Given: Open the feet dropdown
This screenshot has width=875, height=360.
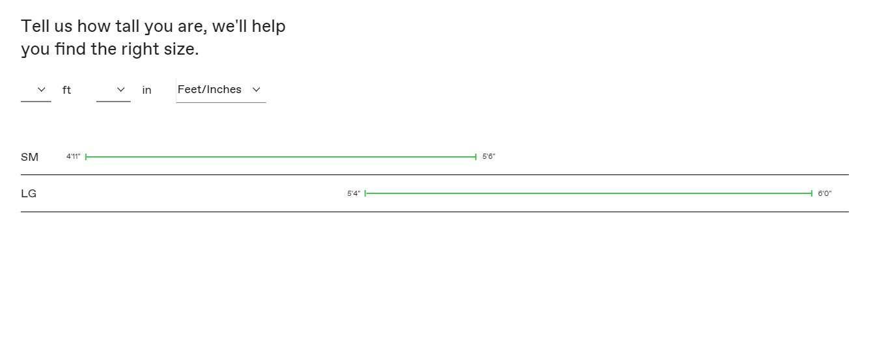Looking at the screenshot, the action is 36,90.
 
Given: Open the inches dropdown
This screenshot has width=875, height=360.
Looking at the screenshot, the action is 113,90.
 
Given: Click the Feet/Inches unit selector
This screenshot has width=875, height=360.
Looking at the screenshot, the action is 221,90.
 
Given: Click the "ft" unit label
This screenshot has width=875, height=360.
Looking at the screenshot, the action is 66,90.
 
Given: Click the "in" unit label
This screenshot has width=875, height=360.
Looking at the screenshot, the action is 146,90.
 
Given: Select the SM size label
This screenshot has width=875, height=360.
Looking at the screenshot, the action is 29,157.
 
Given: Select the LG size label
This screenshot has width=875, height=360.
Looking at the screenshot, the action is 29,193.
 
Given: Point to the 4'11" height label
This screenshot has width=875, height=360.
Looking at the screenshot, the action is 74,157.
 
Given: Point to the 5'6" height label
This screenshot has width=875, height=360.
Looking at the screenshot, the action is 489,157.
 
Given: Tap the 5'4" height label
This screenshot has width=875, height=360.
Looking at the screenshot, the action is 354,193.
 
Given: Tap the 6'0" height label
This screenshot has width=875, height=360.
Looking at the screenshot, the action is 825,193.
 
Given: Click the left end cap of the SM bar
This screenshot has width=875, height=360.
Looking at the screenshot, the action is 85,157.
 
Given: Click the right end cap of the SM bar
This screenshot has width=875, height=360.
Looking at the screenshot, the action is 476,157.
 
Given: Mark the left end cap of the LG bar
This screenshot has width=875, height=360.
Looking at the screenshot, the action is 365,193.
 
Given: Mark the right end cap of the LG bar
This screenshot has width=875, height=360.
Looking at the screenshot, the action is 812,193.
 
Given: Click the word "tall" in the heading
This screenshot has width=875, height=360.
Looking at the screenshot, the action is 127,26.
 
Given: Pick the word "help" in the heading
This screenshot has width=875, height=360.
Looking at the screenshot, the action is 268,27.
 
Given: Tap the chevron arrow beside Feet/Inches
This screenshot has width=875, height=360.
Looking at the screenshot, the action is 257,90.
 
